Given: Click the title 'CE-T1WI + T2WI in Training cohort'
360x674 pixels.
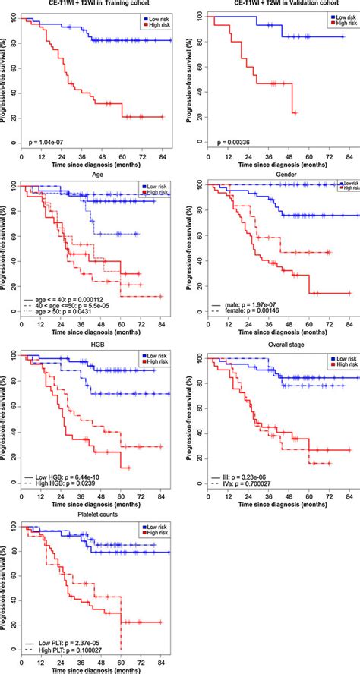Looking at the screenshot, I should [93, 5].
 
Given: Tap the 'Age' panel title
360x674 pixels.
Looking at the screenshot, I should [93, 175].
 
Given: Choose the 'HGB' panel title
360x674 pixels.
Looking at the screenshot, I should [93, 345].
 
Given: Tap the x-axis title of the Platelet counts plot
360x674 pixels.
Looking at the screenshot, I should [93, 669].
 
